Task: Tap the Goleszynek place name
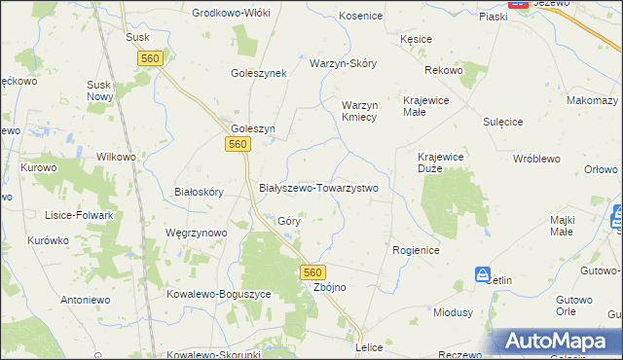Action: point(258,73)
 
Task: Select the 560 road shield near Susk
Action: point(149,59)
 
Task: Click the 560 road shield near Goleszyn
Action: point(238,144)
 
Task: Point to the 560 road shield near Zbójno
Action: point(311,271)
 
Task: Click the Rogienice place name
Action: point(417,250)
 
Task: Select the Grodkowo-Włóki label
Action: point(231,13)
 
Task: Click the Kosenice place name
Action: point(360,17)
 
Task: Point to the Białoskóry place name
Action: point(199,192)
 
